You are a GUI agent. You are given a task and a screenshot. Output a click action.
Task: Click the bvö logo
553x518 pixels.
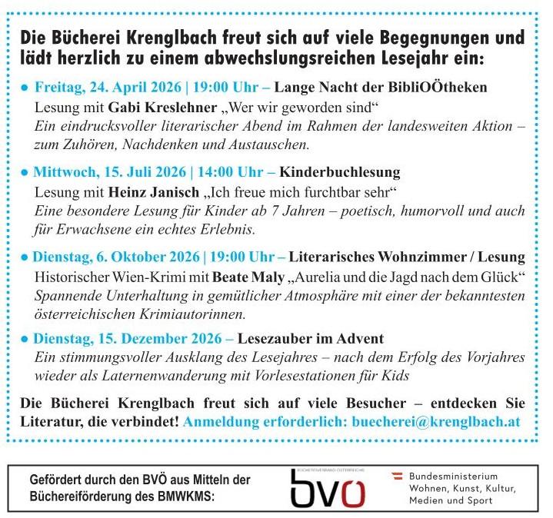point(327,488)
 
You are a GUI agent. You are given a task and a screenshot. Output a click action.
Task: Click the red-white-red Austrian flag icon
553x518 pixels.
point(398,476)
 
